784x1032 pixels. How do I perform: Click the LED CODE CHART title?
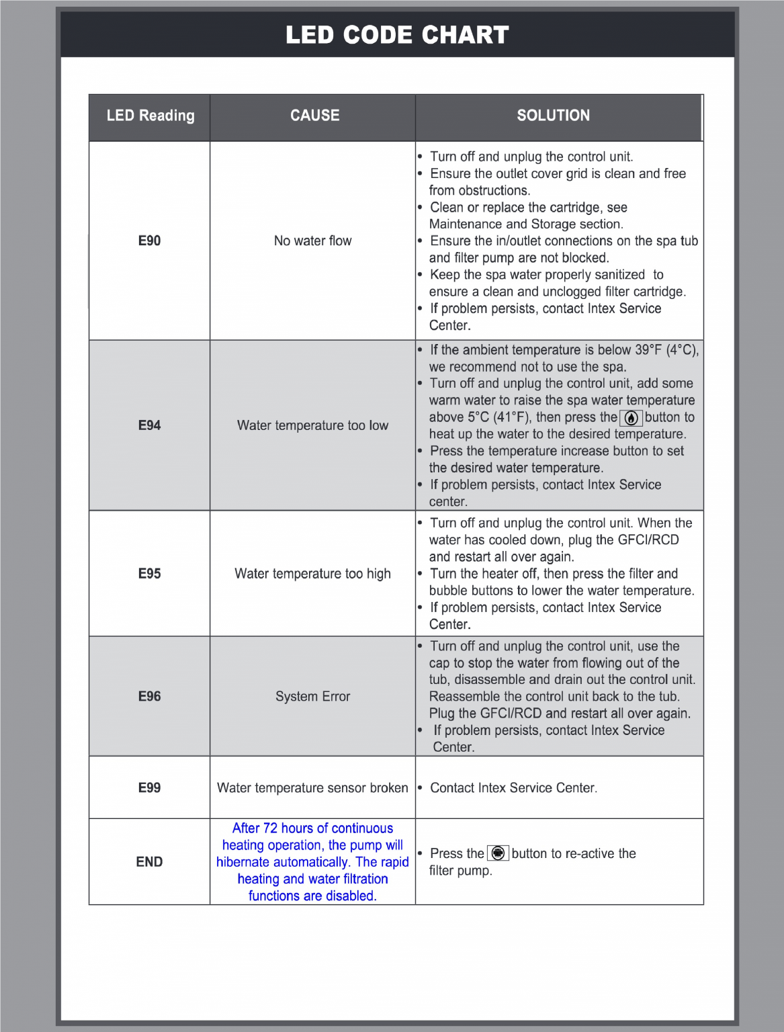pyautogui.click(x=397, y=35)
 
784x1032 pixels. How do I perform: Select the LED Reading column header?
pyautogui.click(x=150, y=116)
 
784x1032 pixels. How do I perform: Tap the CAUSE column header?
pyautogui.click(x=314, y=116)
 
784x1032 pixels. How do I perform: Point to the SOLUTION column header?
pyautogui.click(x=553, y=116)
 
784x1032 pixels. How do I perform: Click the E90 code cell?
pyautogui.click(x=149, y=241)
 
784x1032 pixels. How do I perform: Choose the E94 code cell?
pyautogui.click(x=149, y=425)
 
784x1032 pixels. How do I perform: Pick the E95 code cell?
pyautogui.click(x=149, y=574)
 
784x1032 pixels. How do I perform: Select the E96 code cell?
pyautogui.click(x=149, y=697)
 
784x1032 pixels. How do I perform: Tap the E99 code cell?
pyautogui.click(x=149, y=787)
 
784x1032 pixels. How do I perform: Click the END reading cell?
pyautogui.click(x=149, y=862)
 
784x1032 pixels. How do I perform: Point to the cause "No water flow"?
pyautogui.click(x=312, y=241)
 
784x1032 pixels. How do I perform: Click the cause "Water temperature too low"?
pyautogui.click(x=312, y=425)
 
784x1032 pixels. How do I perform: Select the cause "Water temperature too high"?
pyautogui.click(x=312, y=574)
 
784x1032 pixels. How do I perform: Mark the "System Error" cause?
pyautogui.click(x=312, y=697)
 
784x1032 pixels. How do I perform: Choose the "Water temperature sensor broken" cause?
pyautogui.click(x=312, y=787)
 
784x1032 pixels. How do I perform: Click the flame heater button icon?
pyautogui.click(x=631, y=418)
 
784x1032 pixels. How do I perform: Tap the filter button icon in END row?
pyautogui.click(x=498, y=853)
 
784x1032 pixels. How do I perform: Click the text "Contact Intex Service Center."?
pyautogui.click(x=513, y=787)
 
